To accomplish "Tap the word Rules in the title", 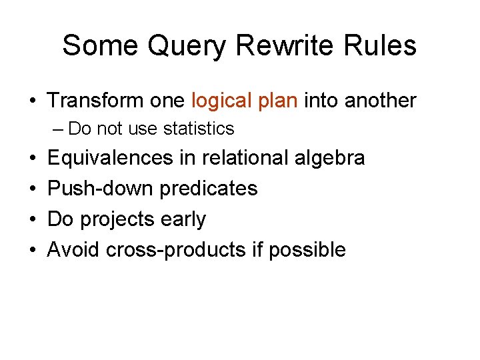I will point(381,45).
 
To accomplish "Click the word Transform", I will point(95,101).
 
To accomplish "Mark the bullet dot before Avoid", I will point(33,250).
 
